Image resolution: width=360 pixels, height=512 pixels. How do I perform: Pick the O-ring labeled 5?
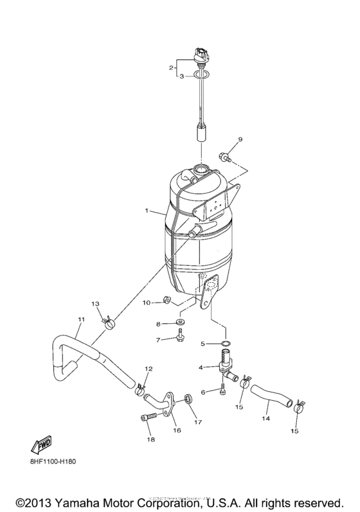point(223,344)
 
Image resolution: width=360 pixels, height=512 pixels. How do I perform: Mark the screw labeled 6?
point(221,388)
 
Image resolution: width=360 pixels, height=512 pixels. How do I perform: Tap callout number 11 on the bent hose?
point(81,319)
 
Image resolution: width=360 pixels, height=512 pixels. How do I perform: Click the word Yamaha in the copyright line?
point(79,501)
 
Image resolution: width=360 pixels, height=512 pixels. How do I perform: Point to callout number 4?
point(201,367)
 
